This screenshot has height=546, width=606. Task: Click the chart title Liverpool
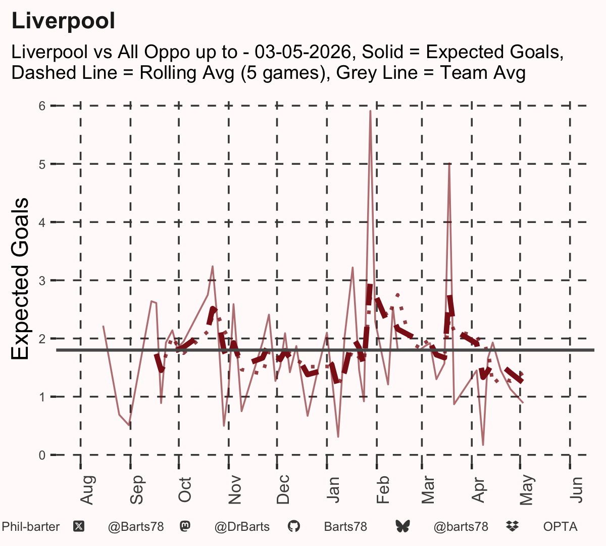(63, 21)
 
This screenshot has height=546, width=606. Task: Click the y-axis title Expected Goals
(20, 279)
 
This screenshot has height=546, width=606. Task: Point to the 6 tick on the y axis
(42, 106)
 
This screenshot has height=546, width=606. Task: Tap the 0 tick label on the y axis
(42, 454)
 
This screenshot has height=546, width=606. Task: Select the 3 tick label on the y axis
(42, 281)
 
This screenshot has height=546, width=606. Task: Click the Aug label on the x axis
(87, 490)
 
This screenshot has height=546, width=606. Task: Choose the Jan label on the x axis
(333, 490)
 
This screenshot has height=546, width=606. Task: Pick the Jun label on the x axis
(576, 490)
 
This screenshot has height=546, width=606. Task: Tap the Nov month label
(235, 490)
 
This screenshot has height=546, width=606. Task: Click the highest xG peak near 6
(370, 111)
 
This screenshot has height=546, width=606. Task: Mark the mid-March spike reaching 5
(449, 164)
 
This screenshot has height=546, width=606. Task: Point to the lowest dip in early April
(483, 445)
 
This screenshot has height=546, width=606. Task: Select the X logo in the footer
(79, 527)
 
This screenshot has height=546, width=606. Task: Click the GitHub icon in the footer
(293, 527)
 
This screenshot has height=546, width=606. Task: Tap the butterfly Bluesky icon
(402, 527)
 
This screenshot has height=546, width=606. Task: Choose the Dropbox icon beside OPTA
(513, 527)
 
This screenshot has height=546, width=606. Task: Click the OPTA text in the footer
(561, 527)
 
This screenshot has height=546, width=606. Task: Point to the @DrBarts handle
(242, 527)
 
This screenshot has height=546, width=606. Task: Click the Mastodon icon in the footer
(185, 527)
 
